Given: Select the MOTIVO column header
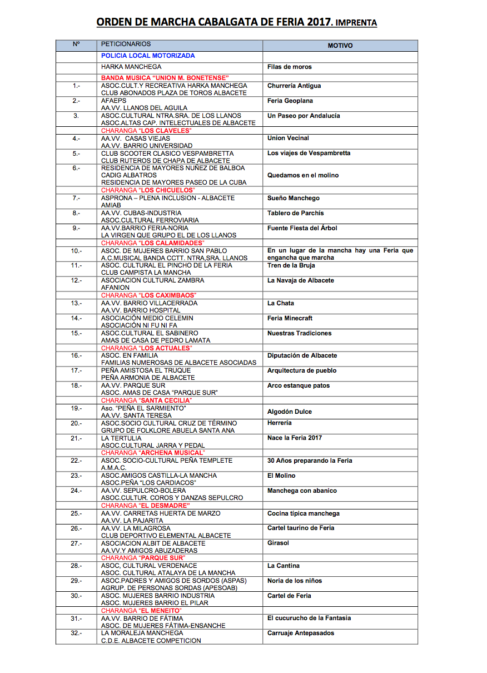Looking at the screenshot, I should tap(340, 46).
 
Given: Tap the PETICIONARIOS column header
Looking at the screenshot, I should tap(126, 44).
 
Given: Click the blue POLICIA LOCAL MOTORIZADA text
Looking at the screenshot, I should tap(148, 56).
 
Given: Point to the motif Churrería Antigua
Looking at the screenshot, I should tap(294, 86).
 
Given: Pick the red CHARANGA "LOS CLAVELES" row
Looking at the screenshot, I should tap(146, 131).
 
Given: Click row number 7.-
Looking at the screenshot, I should tap(76, 199).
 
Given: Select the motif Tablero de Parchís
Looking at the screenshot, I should tap(295, 214).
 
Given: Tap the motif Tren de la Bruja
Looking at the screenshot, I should tap(291, 266).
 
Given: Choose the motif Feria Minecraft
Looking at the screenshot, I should tap(290, 319).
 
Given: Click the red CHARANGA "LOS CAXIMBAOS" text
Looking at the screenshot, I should tap(149, 295).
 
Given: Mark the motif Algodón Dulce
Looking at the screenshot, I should tap(290, 412).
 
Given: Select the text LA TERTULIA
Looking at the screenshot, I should tap(121, 438).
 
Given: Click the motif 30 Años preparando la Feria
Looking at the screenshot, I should tap(309, 461).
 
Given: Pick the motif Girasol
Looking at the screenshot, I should tap(278, 543).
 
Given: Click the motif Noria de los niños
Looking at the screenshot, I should tap(295, 581).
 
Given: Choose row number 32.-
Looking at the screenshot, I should tap(76, 634).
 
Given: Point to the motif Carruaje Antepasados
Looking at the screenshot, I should tap(301, 634).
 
